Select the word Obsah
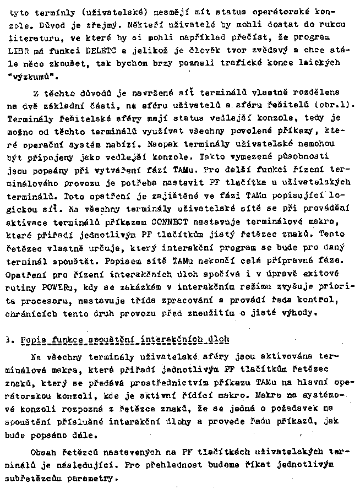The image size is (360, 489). pos(45,453)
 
